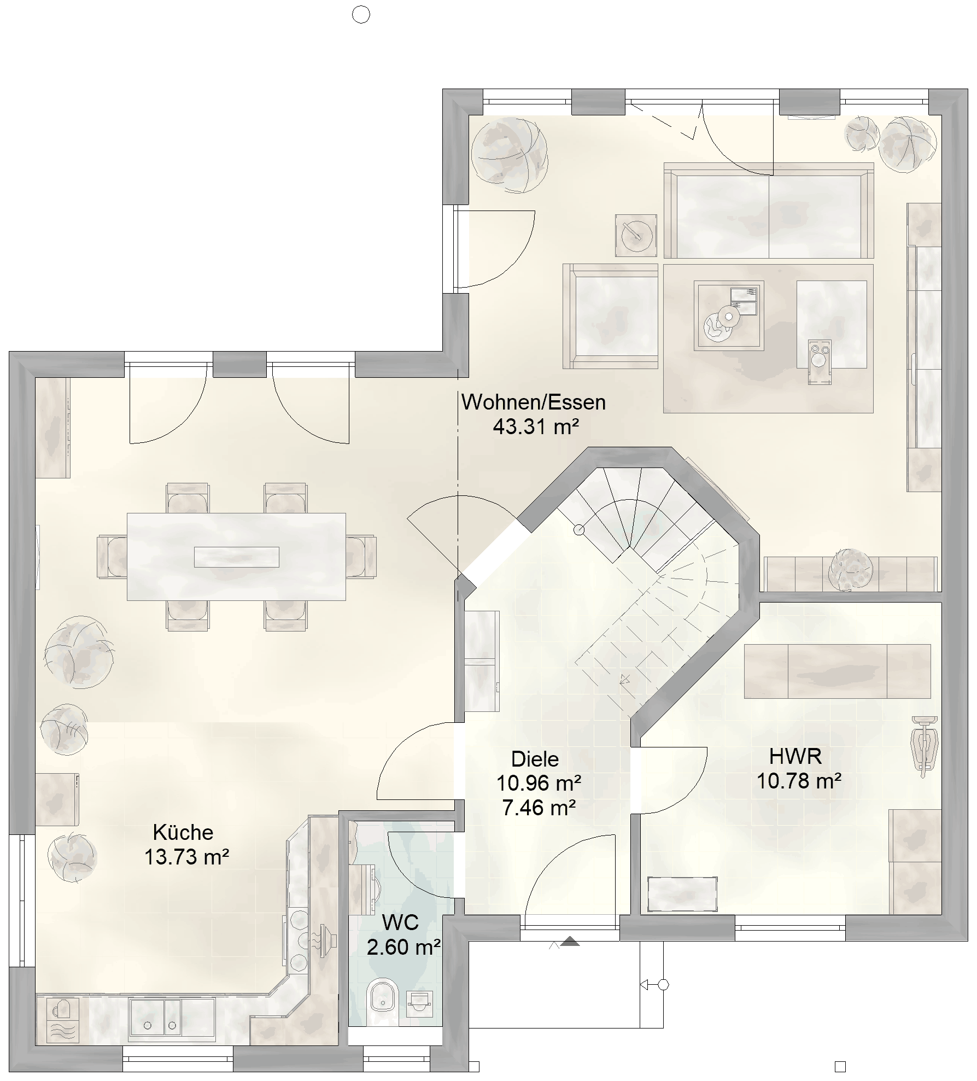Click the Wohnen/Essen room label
click(533, 402)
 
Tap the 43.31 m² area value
click(536, 426)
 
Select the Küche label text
click(183, 832)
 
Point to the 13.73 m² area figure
click(186, 857)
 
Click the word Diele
click(535, 759)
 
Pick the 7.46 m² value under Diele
click(539, 808)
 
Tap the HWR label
click(795, 756)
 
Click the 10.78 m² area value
click(799, 781)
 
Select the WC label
click(400, 922)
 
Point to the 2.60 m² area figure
click(404, 947)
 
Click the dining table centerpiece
click(237, 557)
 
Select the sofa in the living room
click(769, 211)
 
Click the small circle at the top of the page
click(361, 15)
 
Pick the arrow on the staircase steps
click(624, 680)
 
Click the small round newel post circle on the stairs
click(578, 530)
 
